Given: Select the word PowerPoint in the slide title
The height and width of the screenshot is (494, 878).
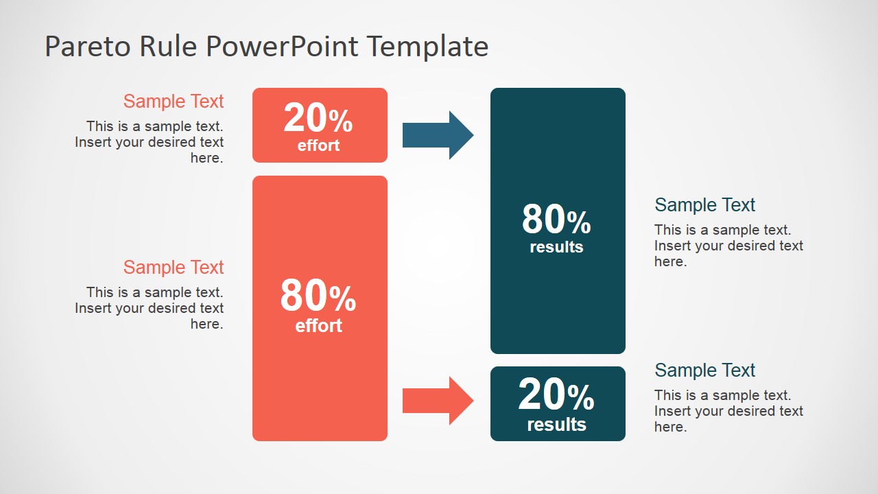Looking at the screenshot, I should click(x=282, y=47).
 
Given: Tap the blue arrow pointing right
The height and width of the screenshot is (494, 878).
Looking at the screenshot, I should click(x=438, y=135).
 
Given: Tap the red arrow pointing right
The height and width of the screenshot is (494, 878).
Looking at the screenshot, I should click(x=438, y=401).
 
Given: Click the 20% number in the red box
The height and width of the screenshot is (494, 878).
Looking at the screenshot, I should click(x=318, y=119).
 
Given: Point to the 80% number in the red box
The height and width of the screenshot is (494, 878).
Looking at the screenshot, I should click(x=318, y=296).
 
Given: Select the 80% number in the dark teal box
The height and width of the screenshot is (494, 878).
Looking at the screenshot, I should click(x=556, y=220).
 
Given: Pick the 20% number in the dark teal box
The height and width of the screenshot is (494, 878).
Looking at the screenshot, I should click(x=556, y=395).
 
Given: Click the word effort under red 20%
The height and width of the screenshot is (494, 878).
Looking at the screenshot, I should click(x=318, y=145).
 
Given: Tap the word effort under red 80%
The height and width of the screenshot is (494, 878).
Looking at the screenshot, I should click(x=318, y=325).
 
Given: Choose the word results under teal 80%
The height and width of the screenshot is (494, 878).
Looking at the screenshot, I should click(x=556, y=247).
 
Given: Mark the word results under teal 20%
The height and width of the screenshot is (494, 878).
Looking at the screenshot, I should click(x=556, y=425).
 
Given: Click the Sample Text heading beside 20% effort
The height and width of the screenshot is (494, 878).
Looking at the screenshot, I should click(x=174, y=102).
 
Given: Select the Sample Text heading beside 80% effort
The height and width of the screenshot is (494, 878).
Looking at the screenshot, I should click(x=174, y=268).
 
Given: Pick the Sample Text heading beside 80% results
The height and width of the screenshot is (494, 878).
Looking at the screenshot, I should click(x=704, y=205).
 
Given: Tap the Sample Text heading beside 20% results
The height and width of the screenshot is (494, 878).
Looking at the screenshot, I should click(x=704, y=370).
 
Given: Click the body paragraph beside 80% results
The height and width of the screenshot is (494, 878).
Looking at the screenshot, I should click(x=728, y=246).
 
